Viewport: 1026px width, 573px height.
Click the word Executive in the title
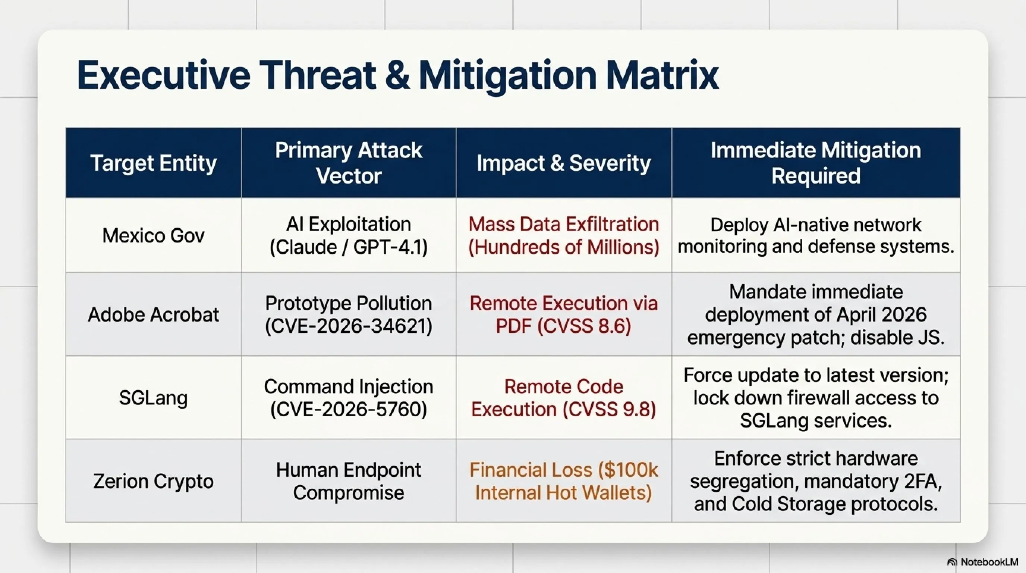pos(164,75)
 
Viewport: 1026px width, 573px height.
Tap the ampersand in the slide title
pos(397,75)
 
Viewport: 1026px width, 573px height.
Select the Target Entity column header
pos(153,163)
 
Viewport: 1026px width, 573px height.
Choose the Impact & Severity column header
pos(564,163)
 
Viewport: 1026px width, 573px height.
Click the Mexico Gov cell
pos(153,235)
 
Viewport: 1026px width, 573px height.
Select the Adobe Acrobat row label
pos(153,314)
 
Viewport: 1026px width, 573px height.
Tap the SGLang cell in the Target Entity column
pos(153,398)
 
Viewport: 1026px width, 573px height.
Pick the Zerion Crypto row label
pos(153,481)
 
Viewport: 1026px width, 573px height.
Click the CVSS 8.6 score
pos(584,326)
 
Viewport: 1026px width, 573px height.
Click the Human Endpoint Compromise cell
pos(349,481)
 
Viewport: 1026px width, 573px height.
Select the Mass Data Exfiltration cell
pos(564,235)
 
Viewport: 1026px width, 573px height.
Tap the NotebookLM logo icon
pos(952,562)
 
